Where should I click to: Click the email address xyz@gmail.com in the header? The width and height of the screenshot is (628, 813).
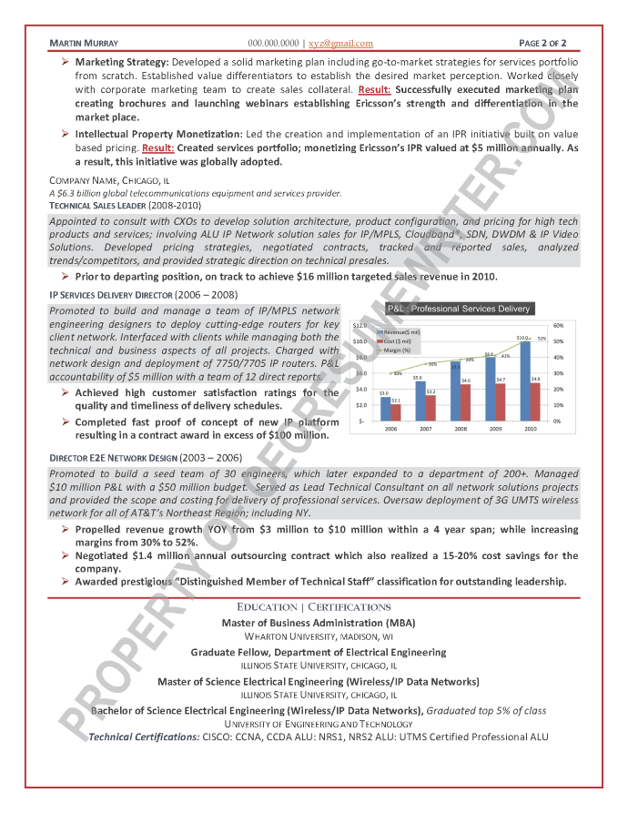tap(341, 43)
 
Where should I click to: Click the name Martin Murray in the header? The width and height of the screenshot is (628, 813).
tap(83, 43)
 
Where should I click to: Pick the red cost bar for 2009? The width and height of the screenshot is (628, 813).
tap(501, 401)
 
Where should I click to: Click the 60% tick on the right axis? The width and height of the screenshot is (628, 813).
tap(558, 325)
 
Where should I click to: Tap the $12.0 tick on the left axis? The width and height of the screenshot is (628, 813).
tap(360, 325)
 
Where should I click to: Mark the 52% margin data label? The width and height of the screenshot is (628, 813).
tap(542, 339)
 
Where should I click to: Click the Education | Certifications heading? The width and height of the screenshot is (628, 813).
tap(314, 606)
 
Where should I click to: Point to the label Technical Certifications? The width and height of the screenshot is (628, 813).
tap(144, 737)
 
